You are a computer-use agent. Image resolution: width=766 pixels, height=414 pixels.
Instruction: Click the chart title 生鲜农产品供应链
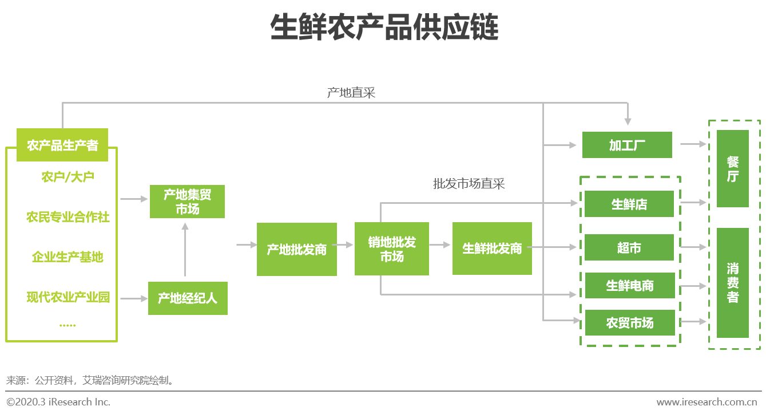[x=384, y=27]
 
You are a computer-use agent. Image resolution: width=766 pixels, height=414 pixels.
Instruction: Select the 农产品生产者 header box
[x=62, y=145]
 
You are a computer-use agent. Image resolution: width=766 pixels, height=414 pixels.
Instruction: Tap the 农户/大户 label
[x=68, y=177]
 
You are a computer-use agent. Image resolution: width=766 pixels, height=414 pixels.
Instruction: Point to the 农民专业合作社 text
[x=68, y=217]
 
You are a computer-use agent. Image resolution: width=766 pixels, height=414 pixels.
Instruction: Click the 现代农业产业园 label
[x=68, y=297]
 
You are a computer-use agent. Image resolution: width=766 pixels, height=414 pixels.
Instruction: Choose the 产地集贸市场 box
[x=188, y=202]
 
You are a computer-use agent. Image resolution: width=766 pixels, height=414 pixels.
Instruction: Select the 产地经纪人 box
[x=188, y=298]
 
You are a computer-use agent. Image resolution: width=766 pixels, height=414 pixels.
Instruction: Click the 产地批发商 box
[x=297, y=249]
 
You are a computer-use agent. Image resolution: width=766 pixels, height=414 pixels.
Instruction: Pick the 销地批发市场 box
[x=392, y=249]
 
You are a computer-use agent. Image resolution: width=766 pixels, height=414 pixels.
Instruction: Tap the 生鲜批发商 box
[x=492, y=249]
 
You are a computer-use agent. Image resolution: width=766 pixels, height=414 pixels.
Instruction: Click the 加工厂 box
[x=627, y=145]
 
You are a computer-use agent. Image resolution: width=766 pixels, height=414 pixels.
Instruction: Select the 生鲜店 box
[x=629, y=204]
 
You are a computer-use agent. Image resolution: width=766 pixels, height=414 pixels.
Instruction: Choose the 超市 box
[x=629, y=247]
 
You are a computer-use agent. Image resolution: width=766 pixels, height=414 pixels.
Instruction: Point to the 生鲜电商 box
[x=630, y=285]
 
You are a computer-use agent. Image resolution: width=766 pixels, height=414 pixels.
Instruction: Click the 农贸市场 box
[x=630, y=322]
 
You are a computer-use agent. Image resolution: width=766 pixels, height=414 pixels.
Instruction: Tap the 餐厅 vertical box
[x=733, y=168]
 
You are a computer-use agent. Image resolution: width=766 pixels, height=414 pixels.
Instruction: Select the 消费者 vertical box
[x=733, y=283]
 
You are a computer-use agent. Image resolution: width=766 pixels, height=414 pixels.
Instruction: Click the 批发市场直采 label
[x=469, y=184]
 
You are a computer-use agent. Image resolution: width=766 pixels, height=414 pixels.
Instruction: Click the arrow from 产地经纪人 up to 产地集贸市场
[x=185, y=250]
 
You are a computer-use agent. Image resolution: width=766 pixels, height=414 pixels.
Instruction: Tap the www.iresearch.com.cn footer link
[x=707, y=401]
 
